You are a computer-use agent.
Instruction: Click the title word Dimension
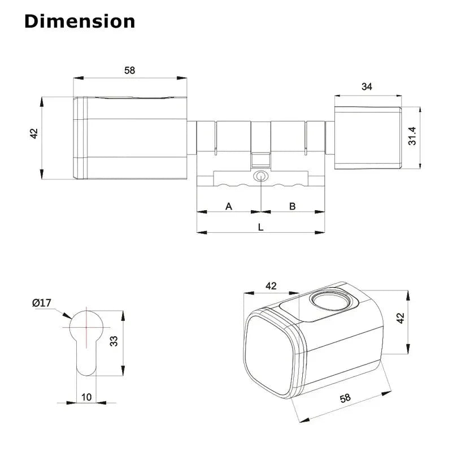point(80,21)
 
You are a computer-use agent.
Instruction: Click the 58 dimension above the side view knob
point(129,70)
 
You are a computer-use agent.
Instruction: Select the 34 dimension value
point(367,86)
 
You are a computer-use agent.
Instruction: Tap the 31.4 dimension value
point(412,136)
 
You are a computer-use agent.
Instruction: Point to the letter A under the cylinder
point(229,206)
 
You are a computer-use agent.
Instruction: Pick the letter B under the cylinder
point(293,206)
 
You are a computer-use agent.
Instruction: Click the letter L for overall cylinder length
point(260,227)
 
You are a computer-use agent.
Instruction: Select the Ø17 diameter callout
point(42,303)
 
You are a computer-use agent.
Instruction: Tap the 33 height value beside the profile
point(113,341)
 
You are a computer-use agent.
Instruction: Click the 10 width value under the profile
point(86,397)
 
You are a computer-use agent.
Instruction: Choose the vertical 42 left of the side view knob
point(33,134)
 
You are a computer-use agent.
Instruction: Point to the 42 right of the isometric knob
point(400,318)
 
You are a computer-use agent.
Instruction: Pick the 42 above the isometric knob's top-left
point(271,286)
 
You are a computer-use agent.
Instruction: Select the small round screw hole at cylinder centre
point(260,176)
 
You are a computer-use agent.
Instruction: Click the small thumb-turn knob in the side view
point(367,137)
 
